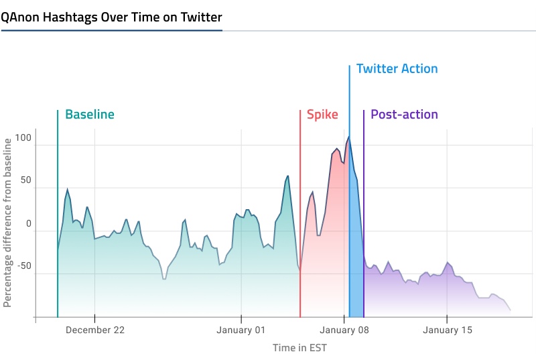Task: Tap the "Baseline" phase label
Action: click(90, 115)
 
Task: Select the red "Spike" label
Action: click(322, 115)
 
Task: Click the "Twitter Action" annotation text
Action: click(397, 69)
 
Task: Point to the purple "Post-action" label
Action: click(404, 115)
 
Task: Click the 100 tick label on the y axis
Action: click(23, 138)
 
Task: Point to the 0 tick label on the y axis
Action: click(29, 224)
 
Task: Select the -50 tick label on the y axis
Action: click(24, 266)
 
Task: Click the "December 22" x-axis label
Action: click(95, 330)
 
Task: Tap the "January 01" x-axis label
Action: click(241, 330)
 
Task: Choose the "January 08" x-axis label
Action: click(344, 330)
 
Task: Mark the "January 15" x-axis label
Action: click(447, 330)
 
